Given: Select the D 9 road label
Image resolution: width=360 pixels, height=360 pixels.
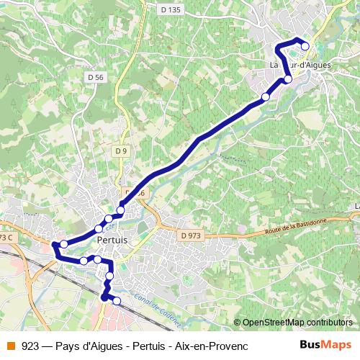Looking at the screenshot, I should point(121,150).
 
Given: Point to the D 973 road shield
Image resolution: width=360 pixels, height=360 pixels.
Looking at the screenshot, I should point(191,235).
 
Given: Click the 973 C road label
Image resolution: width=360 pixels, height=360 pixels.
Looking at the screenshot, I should point(7,238).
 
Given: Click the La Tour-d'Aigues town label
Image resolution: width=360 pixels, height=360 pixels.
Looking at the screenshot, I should point(300,65).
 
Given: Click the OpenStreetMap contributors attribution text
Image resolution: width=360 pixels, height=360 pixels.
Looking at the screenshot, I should point(297,322).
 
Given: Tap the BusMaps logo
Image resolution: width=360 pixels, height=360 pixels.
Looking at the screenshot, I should point(325,345).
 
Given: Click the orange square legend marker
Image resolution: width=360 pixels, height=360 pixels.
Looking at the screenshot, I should point(11,346).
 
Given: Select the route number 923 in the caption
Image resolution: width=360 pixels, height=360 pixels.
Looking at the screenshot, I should point(31,346).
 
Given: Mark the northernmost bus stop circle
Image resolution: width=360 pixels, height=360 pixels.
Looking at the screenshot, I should point(305,46).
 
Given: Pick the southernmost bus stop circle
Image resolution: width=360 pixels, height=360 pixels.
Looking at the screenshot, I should point(117,300).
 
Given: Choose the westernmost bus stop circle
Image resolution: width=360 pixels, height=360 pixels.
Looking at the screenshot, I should point(63,244).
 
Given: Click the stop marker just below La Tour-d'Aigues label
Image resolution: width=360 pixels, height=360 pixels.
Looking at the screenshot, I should point(288,79).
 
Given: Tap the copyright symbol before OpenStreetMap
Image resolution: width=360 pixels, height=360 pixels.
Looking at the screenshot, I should point(237,322).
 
